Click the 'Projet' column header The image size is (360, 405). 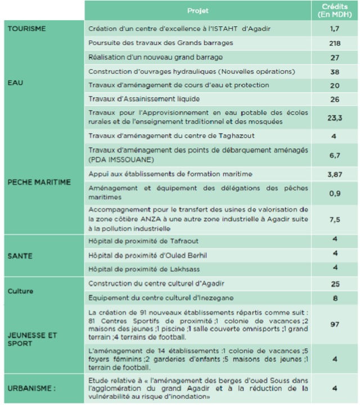click(197, 11)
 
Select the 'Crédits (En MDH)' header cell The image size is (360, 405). click(335, 10)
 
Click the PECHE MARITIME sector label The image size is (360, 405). click(39, 182)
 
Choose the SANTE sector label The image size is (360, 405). click(20, 256)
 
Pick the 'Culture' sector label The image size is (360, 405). click(21, 291)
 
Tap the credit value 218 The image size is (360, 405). click(335, 43)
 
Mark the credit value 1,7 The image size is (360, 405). click(335, 28)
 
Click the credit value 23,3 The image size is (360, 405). click(335, 118)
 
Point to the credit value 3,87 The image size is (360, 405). click(335, 175)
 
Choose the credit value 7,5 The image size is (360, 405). click(335, 220)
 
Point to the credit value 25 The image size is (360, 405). click(335, 284)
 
